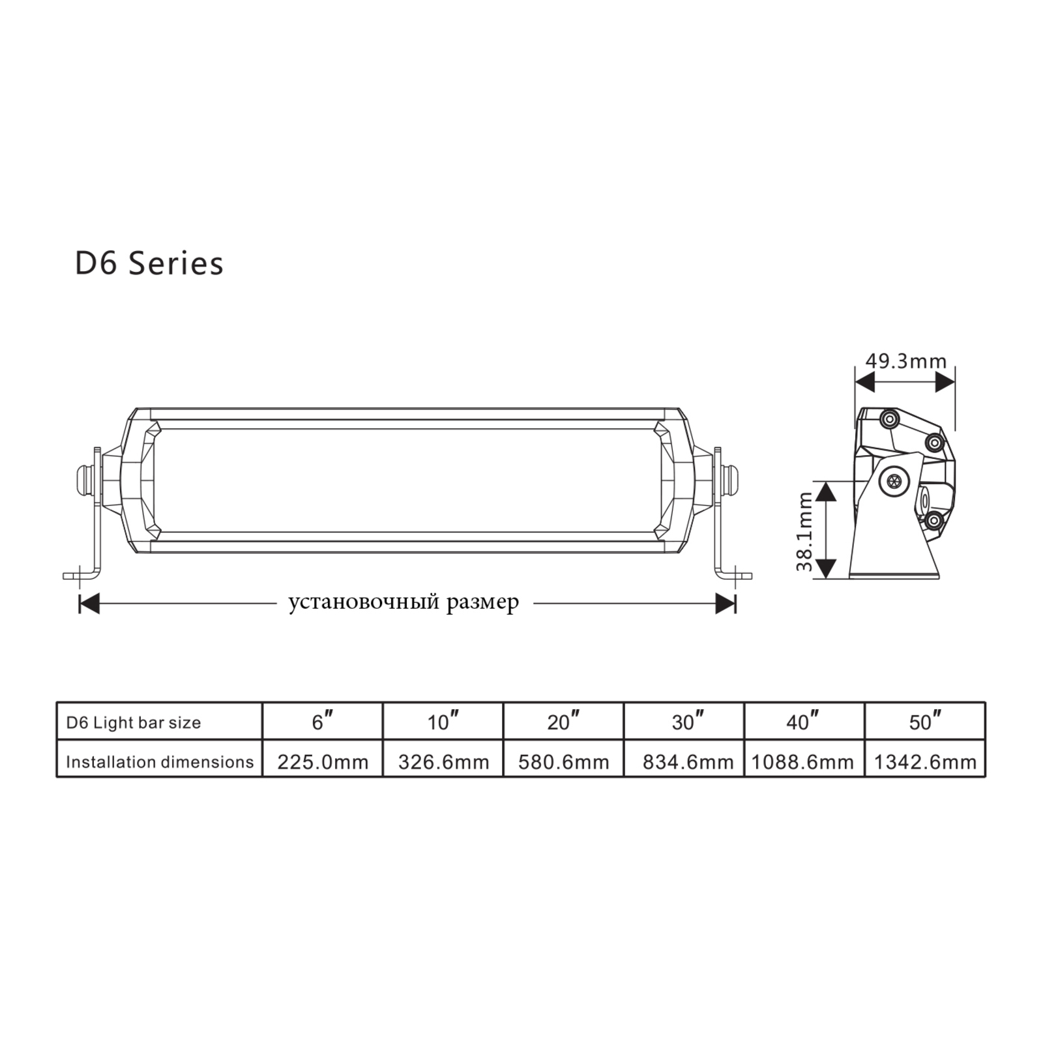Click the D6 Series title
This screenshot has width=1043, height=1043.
pos(149,264)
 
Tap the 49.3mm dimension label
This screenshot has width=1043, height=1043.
pos(905,360)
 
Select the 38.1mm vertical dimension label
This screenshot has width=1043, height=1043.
pos(805,532)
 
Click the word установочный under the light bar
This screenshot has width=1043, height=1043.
pos(364,602)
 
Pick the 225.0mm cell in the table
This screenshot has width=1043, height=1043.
pos(323,762)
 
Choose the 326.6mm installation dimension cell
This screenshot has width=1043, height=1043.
pos(443,762)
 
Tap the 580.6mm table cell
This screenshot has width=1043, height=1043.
pos(564,762)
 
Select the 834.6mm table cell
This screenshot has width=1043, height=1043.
pos(688,762)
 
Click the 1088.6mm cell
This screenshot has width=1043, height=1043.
pos(802,762)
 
